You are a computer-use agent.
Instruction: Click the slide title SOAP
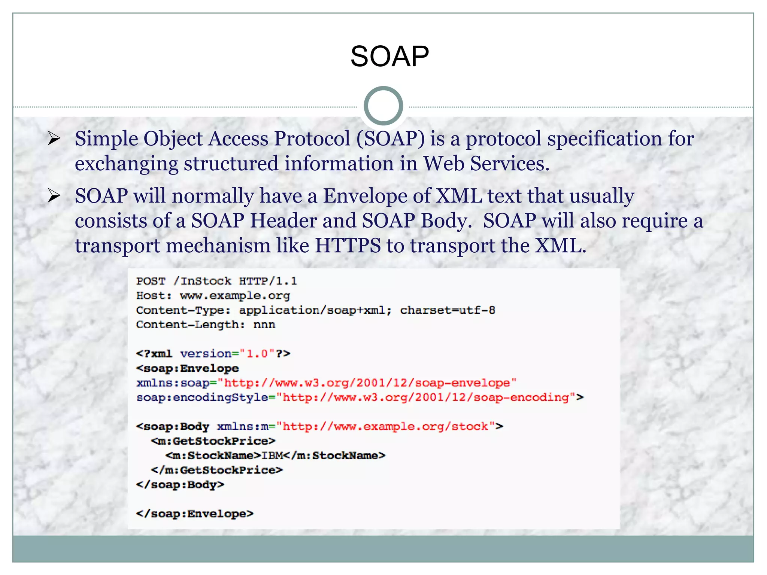pyautogui.click(x=389, y=57)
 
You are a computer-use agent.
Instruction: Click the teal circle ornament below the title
pyautogui.click(x=383, y=106)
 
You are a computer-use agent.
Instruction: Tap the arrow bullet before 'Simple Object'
pyautogui.click(x=54, y=139)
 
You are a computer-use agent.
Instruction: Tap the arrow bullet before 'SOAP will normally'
pyautogui.click(x=54, y=196)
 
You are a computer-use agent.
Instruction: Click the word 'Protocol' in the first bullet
pyautogui.click(x=312, y=139)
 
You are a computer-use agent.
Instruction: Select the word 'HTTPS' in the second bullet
pyautogui.click(x=348, y=246)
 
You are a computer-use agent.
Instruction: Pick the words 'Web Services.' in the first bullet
pyautogui.click(x=486, y=164)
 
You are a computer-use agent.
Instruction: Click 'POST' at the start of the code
pyautogui.click(x=151, y=281)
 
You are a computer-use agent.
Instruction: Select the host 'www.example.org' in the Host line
pyautogui.click(x=235, y=296)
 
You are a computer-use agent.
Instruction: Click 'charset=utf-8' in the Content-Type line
pyautogui.click(x=447, y=310)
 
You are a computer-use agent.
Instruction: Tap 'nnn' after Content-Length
pyautogui.click(x=264, y=325)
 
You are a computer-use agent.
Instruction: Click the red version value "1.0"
pyautogui.click(x=257, y=354)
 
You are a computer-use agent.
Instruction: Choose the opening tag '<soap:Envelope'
pyautogui.click(x=187, y=368)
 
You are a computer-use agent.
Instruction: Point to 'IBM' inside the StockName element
pyautogui.click(x=272, y=456)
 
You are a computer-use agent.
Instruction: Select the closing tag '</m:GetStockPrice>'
pyautogui.click(x=216, y=470)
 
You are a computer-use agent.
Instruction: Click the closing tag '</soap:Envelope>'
pyautogui.click(x=194, y=514)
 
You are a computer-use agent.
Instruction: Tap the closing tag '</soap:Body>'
pyautogui.click(x=180, y=485)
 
